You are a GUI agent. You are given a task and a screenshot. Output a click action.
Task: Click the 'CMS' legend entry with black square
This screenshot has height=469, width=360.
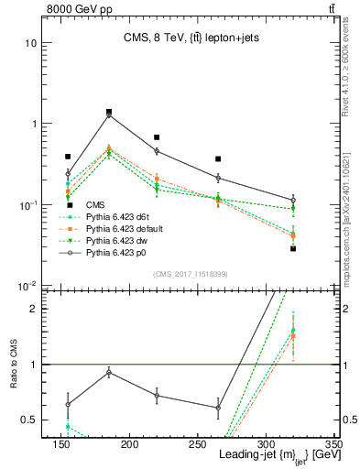tap(95, 205)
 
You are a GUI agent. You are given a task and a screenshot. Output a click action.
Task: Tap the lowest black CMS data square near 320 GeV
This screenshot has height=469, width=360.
tap(293, 248)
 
